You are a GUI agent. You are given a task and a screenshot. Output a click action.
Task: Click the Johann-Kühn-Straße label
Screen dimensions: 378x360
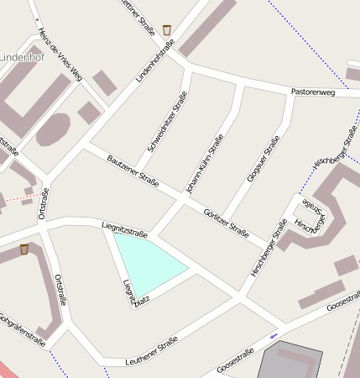[205, 165]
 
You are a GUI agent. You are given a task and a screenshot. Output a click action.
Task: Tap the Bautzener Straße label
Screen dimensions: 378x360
[133, 169]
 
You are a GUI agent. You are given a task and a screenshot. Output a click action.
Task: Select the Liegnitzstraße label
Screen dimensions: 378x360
[124, 227]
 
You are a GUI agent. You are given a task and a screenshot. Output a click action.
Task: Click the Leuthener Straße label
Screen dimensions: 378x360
[151, 350]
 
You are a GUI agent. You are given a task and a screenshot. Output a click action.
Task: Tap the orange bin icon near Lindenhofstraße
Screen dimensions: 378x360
[167, 30]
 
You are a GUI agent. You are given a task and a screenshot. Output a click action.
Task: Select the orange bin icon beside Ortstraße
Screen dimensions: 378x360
[24, 249]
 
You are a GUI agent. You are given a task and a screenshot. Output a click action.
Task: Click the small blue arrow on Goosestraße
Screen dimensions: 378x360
[274, 336]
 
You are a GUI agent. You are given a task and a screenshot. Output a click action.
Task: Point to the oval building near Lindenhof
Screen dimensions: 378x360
[54, 129]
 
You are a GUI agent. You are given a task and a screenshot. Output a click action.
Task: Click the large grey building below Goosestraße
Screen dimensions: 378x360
[290, 361]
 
